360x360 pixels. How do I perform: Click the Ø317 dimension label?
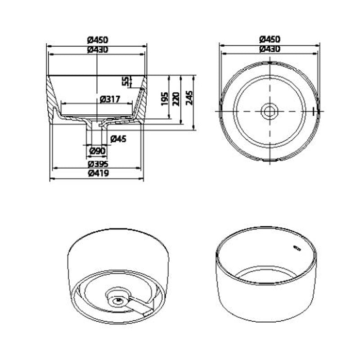click(x=109, y=99)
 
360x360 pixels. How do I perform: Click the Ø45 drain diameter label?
click(x=118, y=138)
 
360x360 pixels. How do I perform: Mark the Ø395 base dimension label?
click(x=97, y=163)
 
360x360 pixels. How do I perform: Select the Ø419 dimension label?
click(x=97, y=173)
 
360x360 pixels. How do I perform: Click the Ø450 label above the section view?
click(x=98, y=40)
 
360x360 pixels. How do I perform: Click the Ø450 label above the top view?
click(x=270, y=40)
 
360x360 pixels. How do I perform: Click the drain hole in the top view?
click(x=270, y=110)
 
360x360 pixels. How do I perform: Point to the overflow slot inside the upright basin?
click(x=297, y=247)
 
